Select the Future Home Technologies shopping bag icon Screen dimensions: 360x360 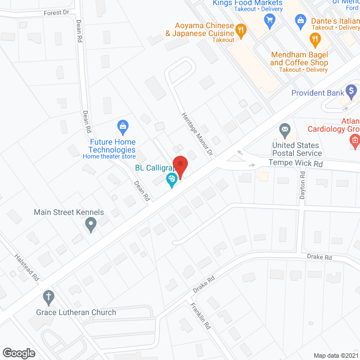[x=121, y=125]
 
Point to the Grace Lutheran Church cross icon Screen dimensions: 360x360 [x=49, y=296]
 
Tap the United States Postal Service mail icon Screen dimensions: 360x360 [x=285, y=131]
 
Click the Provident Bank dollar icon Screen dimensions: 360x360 [x=352, y=90]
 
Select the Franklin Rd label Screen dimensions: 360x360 [x=200, y=316]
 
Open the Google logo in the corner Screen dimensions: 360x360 [x=19, y=353]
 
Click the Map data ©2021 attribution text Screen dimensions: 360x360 [x=336, y=355]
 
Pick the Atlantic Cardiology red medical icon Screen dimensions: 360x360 [x=354, y=140]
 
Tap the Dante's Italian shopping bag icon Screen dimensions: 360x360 [x=300, y=21]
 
